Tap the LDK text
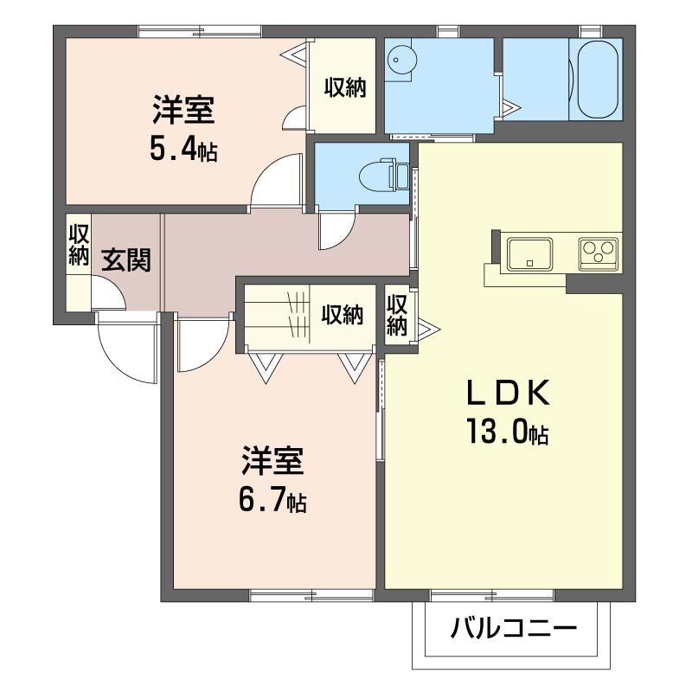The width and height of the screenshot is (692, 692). pos(509,394)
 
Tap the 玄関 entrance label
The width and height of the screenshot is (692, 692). pos(126,259)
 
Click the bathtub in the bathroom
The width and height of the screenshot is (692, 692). pos(598,80)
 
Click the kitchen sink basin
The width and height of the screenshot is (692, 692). pos(530,254)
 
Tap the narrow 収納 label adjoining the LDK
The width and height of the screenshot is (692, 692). pos(397,316)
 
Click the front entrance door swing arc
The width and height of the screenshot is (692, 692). pos(125,350)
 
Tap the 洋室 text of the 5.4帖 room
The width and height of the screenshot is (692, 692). pos(183,113)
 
